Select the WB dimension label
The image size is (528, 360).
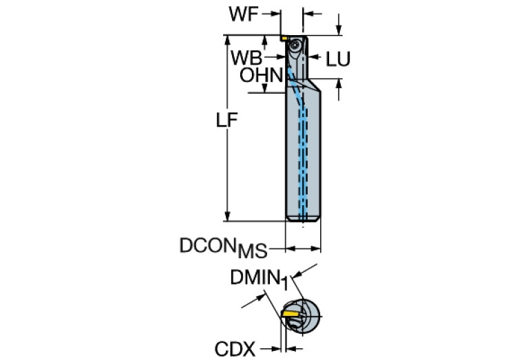(246, 56)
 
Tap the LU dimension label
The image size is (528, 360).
(337, 60)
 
